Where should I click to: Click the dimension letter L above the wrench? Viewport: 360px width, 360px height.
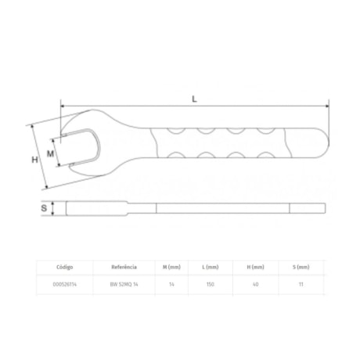pyautogui.click(x=193, y=98)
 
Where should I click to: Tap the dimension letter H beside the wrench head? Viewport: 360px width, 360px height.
pyautogui.click(x=34, y=160)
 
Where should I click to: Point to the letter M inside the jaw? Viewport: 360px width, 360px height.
pyautogui.click(x=51, y=153)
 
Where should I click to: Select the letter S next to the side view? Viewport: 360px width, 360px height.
pyautogui.click(x=44, y=209)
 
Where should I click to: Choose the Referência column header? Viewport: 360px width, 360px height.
pyautogui.click(x=124, y=267)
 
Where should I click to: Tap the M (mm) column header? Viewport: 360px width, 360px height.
pyautogui.click(x=171, y=267)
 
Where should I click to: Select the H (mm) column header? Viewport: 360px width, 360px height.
pyautogui.click(x=254, y=267)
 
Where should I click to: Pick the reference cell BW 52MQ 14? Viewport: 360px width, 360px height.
pyautogui.click(x=124, y=286)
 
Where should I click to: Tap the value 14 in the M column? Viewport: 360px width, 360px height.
pyautogui.click(x=171, y=286)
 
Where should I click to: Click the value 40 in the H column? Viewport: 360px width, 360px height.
pyautogui.click(x=254, y=286)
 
